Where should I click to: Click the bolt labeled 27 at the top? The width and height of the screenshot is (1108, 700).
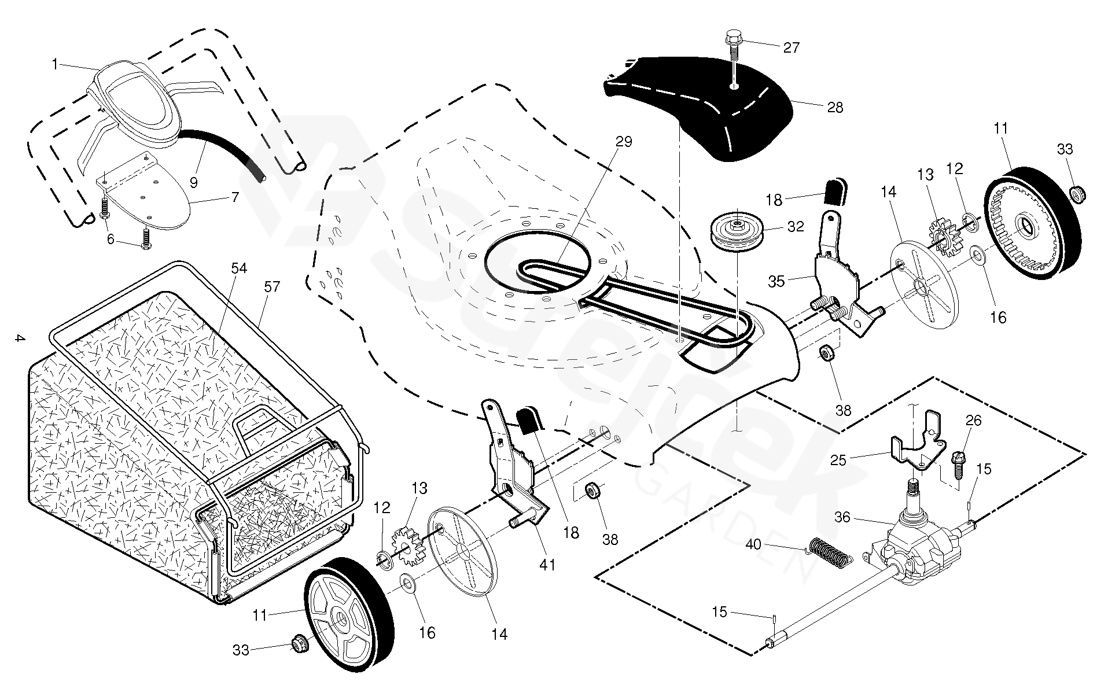(x=732, y=43)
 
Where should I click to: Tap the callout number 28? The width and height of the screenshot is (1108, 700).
(x=835, y=108)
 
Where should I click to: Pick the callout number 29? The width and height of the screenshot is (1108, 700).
(x=624, y=142)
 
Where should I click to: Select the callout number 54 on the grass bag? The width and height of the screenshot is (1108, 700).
(x=239, y=268)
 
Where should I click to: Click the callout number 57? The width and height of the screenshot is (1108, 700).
(x=272, y=286)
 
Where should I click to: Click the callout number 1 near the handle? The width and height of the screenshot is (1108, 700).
(x=56, y=64)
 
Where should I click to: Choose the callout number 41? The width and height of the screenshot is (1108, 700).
(x=547, y=564)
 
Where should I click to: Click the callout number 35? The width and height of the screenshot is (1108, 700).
(x=776, y=281)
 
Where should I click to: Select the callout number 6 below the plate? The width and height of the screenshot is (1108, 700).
(x=111, y=239)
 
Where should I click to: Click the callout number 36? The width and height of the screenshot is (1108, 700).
(x=842, y=517)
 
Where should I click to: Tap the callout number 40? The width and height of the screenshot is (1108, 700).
(x=753, y=544)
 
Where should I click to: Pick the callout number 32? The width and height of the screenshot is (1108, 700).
(x=796, y=226)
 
